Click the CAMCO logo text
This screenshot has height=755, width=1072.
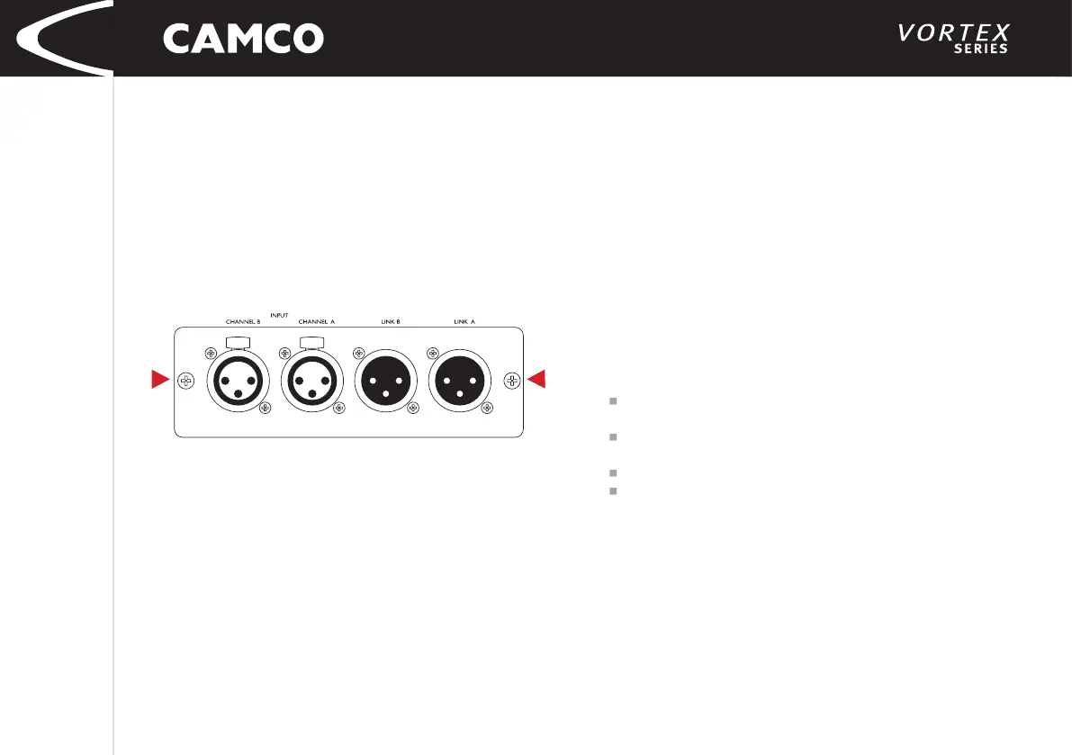tap(243, 38)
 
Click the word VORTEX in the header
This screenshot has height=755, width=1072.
tap(953, 33)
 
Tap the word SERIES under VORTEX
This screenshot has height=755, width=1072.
tap(980, 49)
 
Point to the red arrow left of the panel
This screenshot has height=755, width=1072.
tap(160, 381)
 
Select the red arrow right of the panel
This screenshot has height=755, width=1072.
tap(536, 381)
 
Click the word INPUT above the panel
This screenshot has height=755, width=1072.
tap(279, 315)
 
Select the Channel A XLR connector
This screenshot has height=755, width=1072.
tap(311, 382)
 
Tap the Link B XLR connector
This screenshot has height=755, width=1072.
tap(386, 382)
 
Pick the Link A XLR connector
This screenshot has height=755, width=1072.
tap(462, 382)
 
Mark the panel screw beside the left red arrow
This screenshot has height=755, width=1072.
tap(186, 381)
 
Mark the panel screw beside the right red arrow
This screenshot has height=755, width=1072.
tap(511, 381)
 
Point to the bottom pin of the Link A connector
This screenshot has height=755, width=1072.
tap(462, 394)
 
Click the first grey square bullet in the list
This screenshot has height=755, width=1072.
tap(612, 401)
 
